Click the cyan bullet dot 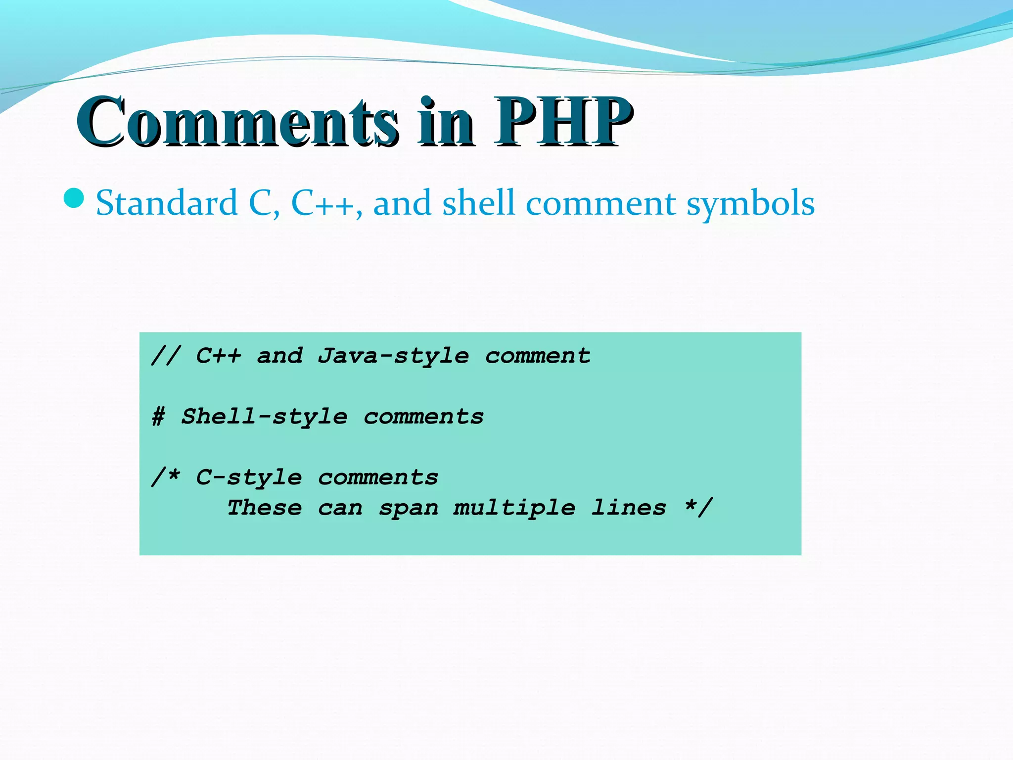(x=74, y=198)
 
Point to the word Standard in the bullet (x=167, y=203)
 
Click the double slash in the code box (x=166, y=355)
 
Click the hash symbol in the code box (x=158, y=417)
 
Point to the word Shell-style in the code (x=264, y=417)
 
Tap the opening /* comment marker (x=166, y=477)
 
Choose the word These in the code (x=264, y=508)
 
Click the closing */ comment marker (x=698, y=507)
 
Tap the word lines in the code (x=629, y=508)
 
